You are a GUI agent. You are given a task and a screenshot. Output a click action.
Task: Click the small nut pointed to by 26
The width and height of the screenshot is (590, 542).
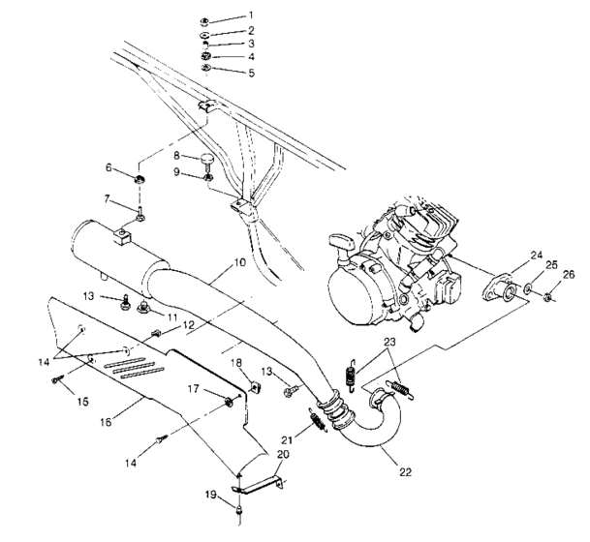coord(547,293)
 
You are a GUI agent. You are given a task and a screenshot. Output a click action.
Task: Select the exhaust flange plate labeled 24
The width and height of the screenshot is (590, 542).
coord(505,287)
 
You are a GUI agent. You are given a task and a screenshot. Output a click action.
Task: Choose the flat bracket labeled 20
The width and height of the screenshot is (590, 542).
coord(259,481)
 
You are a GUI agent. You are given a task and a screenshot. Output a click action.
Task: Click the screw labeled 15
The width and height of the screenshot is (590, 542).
coord(59,382)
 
